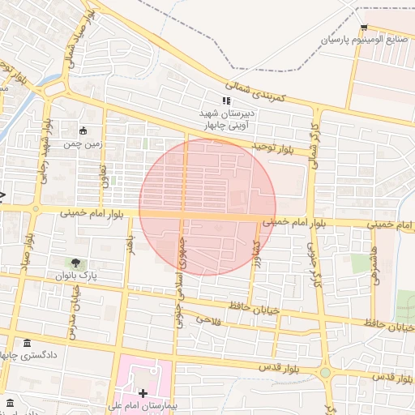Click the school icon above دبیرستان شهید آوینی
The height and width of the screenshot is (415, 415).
pyautogui.click(x=226, y=101)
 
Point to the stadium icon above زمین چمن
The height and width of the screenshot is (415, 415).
pyautogui.click(x=83, y=130)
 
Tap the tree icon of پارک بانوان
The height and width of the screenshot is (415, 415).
pyautogui.click(x=75, y=263)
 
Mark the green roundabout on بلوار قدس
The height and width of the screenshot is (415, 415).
pyautogui.click(x=325, y=374)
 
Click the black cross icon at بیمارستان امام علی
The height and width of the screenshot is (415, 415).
pyautogui.click(x=143, y=393)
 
